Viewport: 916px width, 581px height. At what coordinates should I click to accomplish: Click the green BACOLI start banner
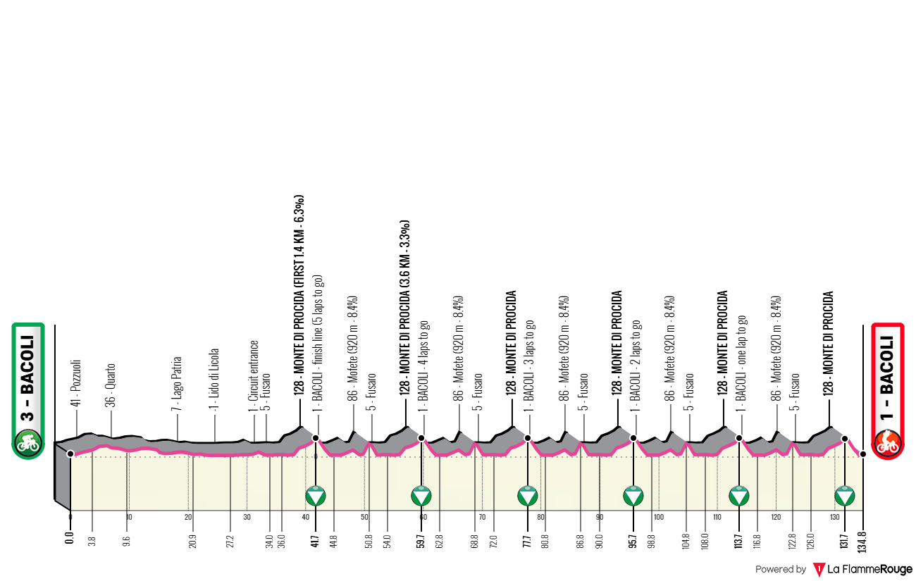pos(27,390)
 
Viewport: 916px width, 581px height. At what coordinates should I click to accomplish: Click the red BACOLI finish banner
pos(888,390)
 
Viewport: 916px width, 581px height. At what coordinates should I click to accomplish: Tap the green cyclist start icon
pos(27,444)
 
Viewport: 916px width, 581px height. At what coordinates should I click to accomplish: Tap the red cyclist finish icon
pos(888,444)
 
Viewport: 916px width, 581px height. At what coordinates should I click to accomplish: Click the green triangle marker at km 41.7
pos(316,496)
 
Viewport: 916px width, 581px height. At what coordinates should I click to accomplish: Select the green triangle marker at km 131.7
pos(844,496)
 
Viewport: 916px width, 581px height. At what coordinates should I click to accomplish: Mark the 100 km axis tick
pos(658,517)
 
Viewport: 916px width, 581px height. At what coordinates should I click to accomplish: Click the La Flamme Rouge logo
pos(863,569)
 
